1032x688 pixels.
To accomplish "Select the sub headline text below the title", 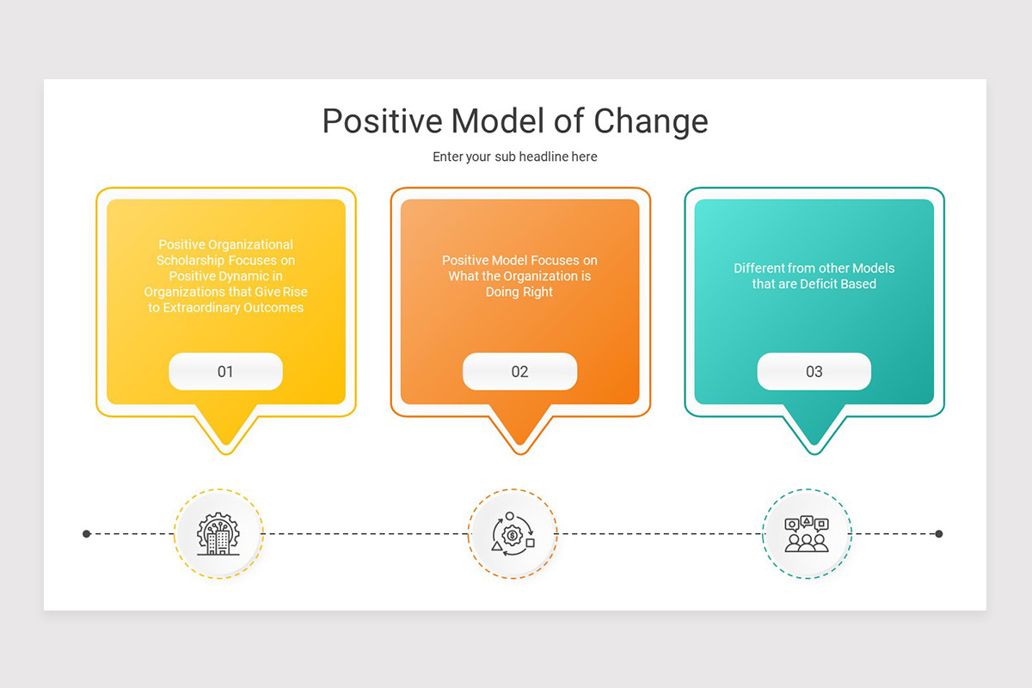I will click(x=515, y=157).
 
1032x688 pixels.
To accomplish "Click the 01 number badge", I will click(x=225, y=372).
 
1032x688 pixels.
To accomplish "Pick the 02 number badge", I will click(x=519, y=372).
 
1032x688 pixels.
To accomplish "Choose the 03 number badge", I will click(x=814, y=372).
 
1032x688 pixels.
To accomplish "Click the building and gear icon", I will click(x=218, y=534).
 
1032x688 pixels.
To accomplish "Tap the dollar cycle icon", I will click(x=513, y=534).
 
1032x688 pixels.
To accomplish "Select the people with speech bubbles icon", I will click(x=807, y=534).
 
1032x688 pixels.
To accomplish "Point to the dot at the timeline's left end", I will click(x=87, y=534).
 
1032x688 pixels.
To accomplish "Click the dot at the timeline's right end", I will click(x=939, y=534).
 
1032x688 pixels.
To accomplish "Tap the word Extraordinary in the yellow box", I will click(x=203, y=308).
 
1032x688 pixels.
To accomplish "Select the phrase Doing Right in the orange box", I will click(x=519, y=292).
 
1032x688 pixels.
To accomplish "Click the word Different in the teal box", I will click(x=759, y=268).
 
